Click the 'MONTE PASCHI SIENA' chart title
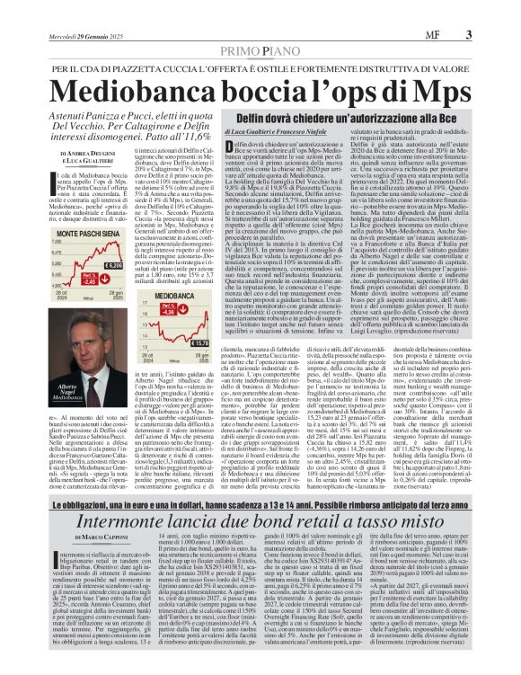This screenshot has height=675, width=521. [88, 233]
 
